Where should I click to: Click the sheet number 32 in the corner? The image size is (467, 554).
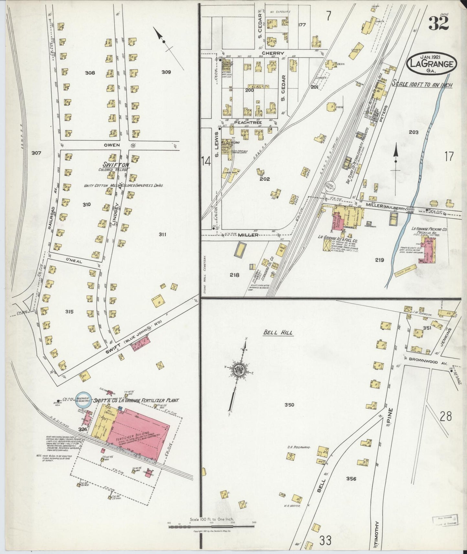pos(439,23)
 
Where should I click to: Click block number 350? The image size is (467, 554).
pos(289,405)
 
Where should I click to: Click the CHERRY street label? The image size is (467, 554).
pos(272,53)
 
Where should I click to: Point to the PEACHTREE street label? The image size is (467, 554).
pos(247,123)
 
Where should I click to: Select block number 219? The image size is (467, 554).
pos(379,260)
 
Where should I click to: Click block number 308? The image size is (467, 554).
pos(90,73)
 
